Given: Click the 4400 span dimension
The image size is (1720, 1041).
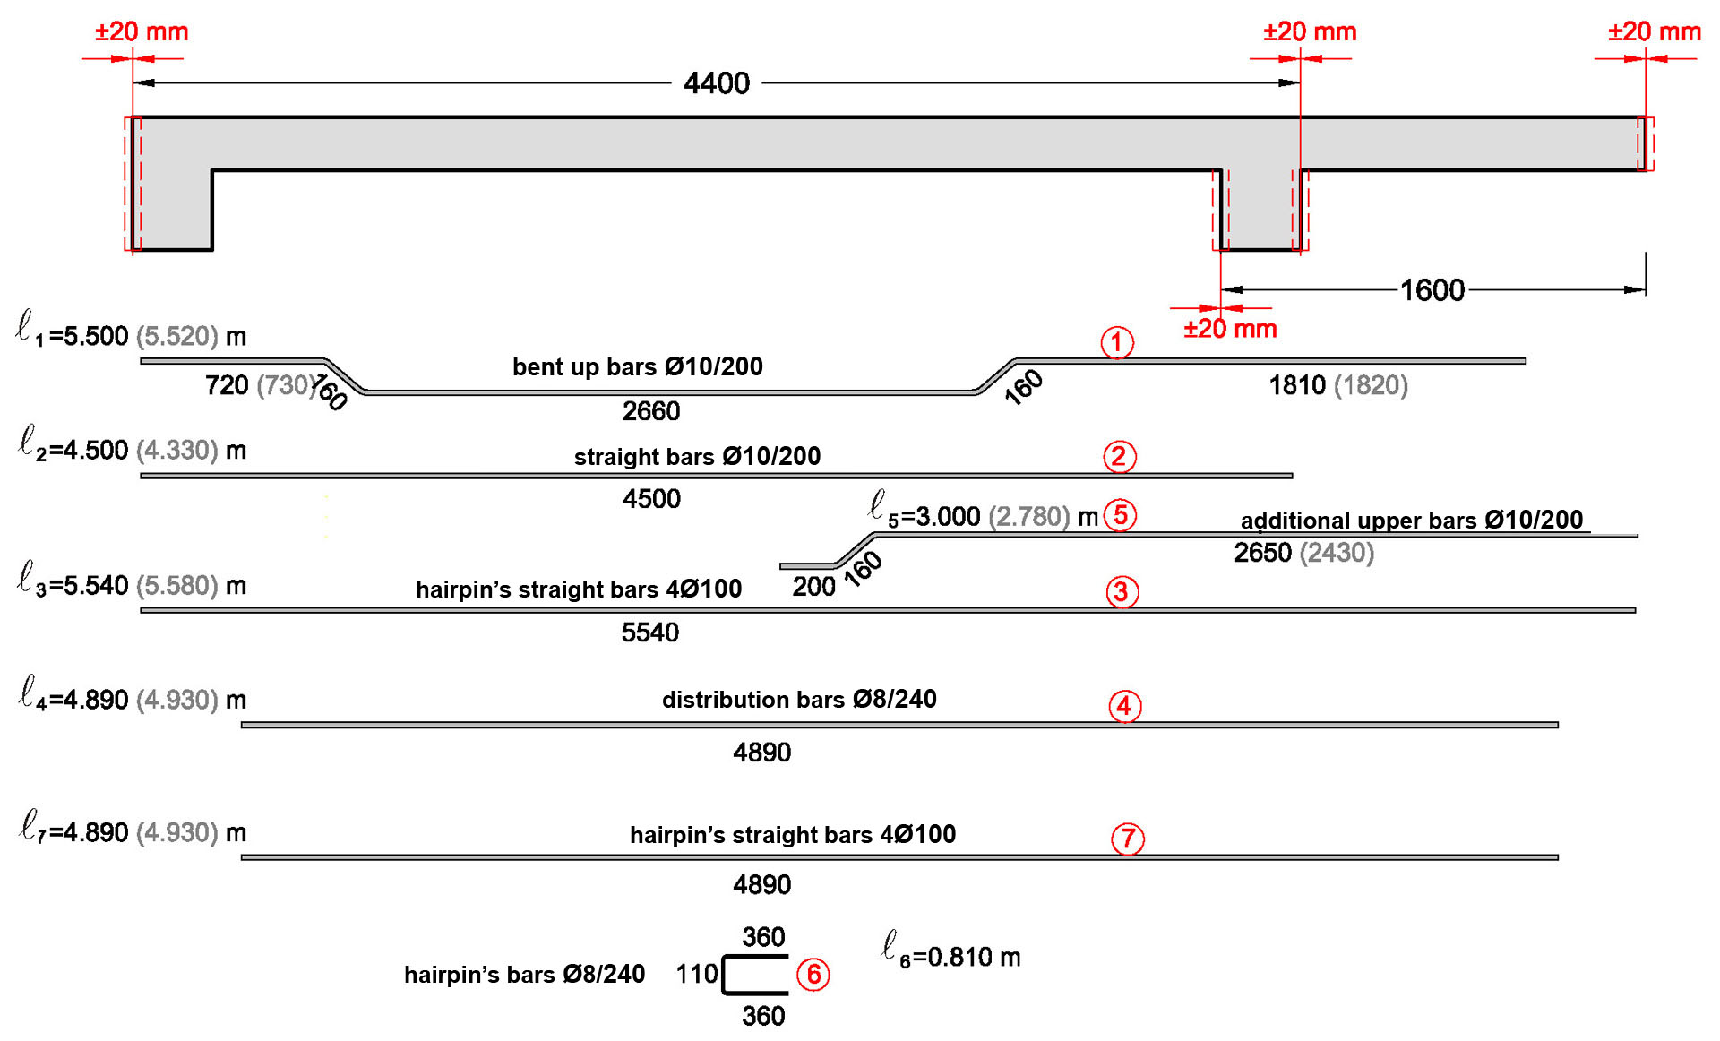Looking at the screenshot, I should click(716, 83).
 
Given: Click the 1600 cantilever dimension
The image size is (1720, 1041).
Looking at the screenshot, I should click(1432, 290).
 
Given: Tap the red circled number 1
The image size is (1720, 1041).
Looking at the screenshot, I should click(1116, 342).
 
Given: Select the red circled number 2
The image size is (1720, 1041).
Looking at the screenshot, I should click(1119, 457).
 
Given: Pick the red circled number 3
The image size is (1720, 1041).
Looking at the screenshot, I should click(1122, 591).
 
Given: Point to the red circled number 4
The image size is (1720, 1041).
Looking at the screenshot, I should click(1124, 706).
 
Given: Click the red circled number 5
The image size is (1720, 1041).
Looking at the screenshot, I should click(1120, 515).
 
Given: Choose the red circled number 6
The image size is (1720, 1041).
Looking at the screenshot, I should click(813, 974).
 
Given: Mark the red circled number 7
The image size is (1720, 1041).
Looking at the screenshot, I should click(1128, 839).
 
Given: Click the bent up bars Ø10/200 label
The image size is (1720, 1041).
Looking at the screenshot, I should click(637, 366).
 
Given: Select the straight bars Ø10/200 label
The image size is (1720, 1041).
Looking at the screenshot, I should click(697, 457).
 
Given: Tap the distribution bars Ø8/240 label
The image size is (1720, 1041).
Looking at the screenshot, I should click(799, 700).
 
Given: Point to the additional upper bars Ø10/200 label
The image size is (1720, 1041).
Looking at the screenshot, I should click(1411, 520).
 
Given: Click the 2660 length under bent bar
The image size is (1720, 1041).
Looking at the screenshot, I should click(651, 411).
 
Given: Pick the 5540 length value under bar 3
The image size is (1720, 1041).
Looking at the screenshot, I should click(650, 632).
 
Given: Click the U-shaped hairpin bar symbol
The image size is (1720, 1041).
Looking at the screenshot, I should click(755, 975).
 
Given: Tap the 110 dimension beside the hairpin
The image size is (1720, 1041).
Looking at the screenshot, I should click(697, 974).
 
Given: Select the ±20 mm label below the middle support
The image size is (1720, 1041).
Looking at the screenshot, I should click(1230, 329).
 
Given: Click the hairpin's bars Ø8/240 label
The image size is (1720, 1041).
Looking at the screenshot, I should click(524, 975).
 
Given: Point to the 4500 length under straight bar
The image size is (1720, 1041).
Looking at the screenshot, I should click(651, 499).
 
